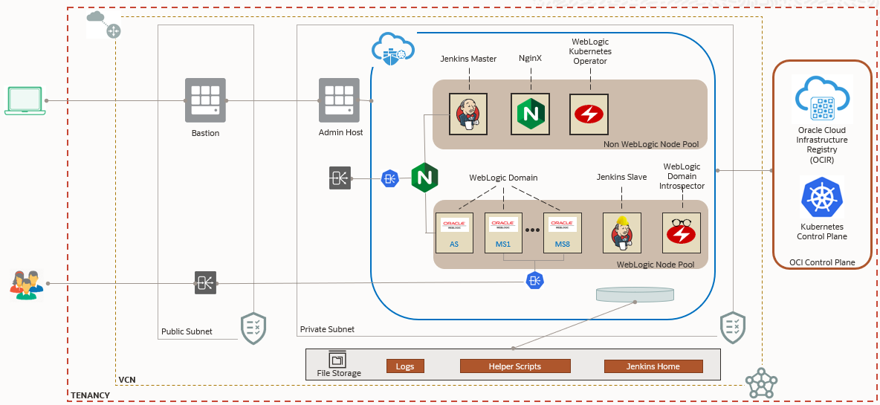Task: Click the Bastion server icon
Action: [205, 100]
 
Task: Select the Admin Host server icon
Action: [340, 100]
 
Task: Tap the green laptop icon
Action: [25, 100]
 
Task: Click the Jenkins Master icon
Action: [468, 114]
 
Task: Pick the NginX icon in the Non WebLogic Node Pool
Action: [530, 114]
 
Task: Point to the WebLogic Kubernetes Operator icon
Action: [589, 114]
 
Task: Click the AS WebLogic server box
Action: [454, 233]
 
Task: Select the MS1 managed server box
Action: [503, 233]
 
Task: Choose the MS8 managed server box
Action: [562, 233]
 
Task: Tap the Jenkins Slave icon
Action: [621, 233]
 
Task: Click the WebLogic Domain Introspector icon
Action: [681, 233]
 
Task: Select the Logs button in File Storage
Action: [405, 366]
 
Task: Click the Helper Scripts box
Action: [514, 366]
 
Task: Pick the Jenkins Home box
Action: [653, 366]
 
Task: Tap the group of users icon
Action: [26, 285]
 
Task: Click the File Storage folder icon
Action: [338, 360]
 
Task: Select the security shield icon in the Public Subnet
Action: [253, 328]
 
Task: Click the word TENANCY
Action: [91, 395]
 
